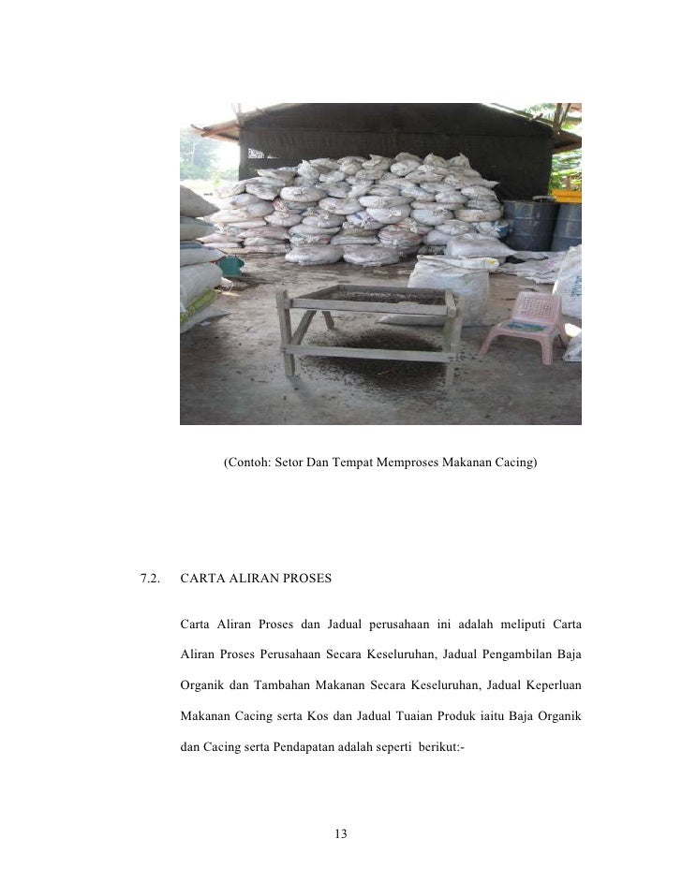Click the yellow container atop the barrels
click(x=567, y=196)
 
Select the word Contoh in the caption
click(x=247, y=463)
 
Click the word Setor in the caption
click(x=291, y=463)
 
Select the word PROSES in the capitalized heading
click(x=305, y=580)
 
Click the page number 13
click(x=341, y=833)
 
